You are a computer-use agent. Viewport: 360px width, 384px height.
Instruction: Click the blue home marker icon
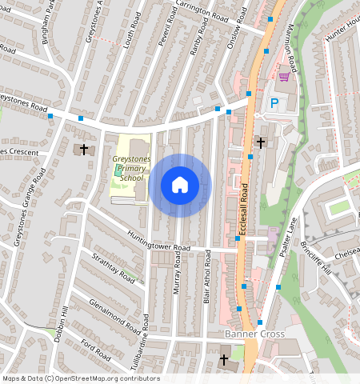point(180,185)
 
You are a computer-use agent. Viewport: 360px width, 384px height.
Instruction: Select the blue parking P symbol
point(275,102)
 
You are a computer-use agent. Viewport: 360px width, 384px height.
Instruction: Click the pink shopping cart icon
point(284,77)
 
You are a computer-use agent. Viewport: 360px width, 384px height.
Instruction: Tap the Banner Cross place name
point(250,333)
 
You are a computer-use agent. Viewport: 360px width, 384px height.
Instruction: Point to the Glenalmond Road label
point(105,309)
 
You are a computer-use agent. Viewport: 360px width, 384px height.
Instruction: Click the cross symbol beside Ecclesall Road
point(260,143)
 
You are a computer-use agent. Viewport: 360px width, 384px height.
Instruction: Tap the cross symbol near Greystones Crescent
point(84,150)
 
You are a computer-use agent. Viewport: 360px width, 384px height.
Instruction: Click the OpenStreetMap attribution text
point(80,378)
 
